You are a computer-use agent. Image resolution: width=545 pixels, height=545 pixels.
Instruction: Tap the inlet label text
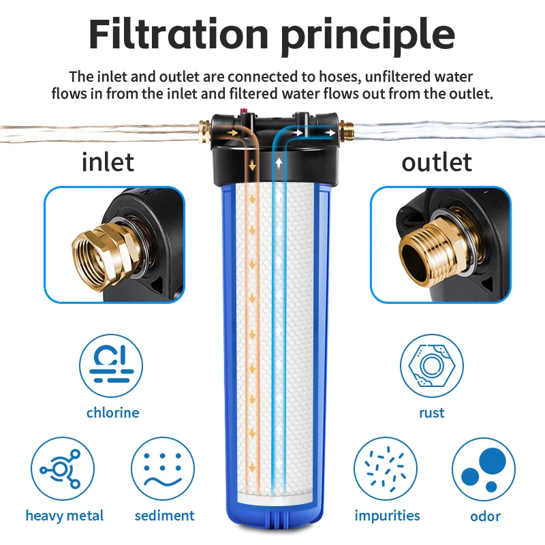[x=108, y=162]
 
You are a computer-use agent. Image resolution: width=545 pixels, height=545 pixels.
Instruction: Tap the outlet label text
[x=437, y=162]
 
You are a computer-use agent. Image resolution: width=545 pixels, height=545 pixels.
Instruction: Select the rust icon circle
[x=431, y=366]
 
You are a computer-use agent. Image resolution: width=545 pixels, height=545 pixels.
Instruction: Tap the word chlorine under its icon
[x=112, y=413]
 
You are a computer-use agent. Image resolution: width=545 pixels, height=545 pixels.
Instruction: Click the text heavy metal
[x=65, y=516]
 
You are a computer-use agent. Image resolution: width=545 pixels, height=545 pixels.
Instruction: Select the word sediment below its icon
[x=164, y=516]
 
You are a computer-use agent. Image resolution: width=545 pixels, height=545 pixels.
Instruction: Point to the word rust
[x=431, y=413]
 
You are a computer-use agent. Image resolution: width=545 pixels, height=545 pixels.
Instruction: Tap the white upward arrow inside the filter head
[x=279, y=163]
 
